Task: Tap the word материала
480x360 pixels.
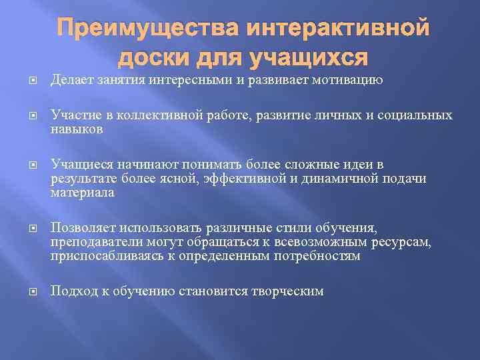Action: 83,193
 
